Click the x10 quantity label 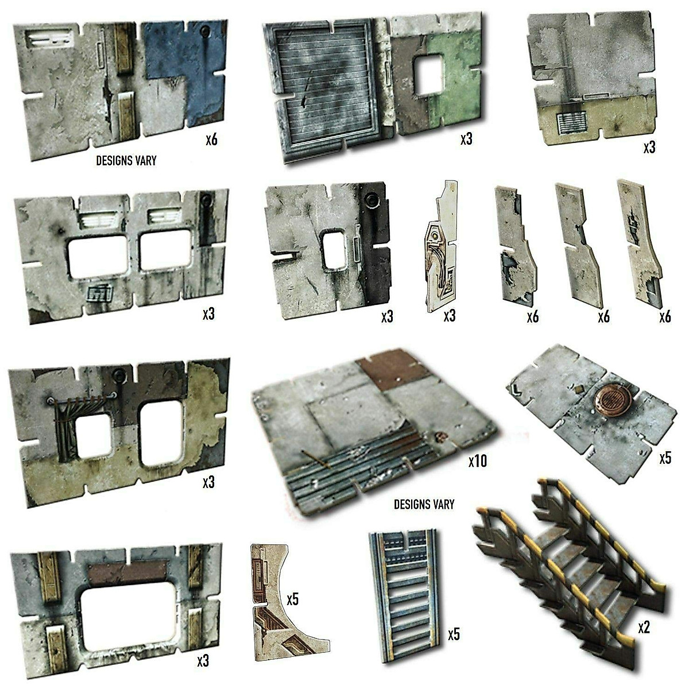pos(477,461)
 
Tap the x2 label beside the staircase pos(644,628)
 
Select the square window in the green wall pos(428,74)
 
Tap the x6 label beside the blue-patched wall pos(211,140)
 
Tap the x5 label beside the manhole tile pos(665,458)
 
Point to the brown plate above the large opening pos(129,572)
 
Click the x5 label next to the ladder pos(454,634)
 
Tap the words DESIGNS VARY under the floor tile pos(424,505)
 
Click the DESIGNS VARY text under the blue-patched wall pos(126,161)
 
